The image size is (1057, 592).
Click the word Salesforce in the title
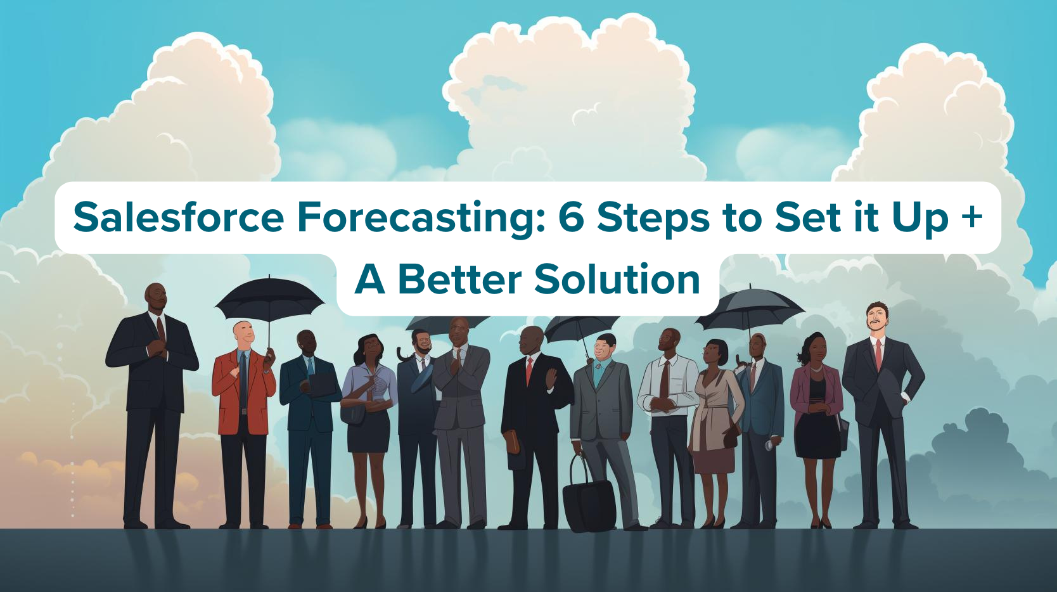pyautogui.click(x=179, y=217)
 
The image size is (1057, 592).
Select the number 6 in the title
pyautogui.click(x=571, y=217)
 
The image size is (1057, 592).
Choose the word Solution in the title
pyautogui.click(x=617, y=280)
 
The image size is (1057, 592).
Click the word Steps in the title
pyautogui.click(x=653, y=217)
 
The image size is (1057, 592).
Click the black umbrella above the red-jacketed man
pyautogui.click(x=270, y=297)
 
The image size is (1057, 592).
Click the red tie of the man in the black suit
pyautogui.click(x=529, y=371)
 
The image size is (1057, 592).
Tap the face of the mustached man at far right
pyautogui.click(x=876, y=319)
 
